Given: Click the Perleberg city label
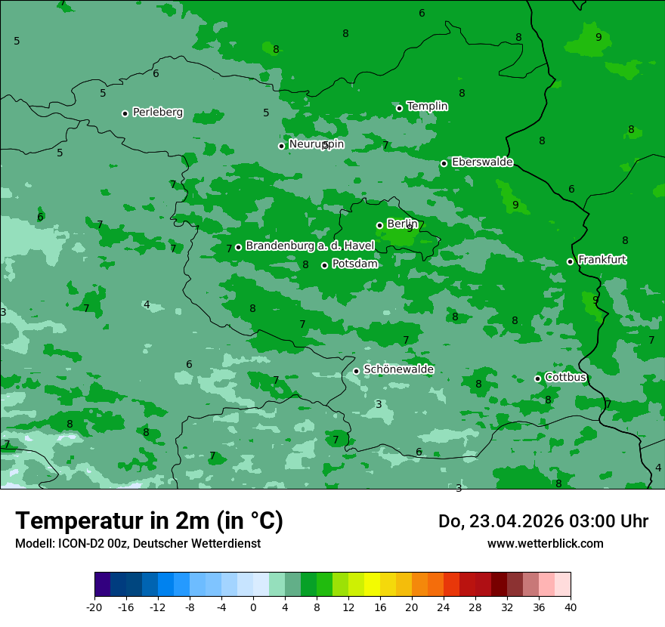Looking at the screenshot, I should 157,113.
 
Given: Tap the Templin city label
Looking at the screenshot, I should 427,107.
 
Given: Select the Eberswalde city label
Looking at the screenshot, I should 482,162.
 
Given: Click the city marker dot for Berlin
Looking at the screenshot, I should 379,225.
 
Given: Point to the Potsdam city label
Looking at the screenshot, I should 354,264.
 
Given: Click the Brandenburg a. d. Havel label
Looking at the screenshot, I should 310,246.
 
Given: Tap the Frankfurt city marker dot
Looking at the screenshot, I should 570,261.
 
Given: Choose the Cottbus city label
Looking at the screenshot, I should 565,378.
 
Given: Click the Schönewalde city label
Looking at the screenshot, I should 398,370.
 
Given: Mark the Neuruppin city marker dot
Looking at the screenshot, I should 281,146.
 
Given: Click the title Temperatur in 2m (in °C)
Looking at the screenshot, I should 149,521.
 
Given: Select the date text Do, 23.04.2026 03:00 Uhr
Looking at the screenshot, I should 543,522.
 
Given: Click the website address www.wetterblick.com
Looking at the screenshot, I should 545,544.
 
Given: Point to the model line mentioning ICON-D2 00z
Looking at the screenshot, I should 138,544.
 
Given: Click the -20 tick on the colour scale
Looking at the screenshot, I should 94,607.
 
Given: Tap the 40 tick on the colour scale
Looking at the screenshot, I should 570,607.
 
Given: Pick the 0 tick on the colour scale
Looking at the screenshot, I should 253,607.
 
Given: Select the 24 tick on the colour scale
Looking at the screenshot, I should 444,607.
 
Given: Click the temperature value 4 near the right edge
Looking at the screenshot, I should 657,468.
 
